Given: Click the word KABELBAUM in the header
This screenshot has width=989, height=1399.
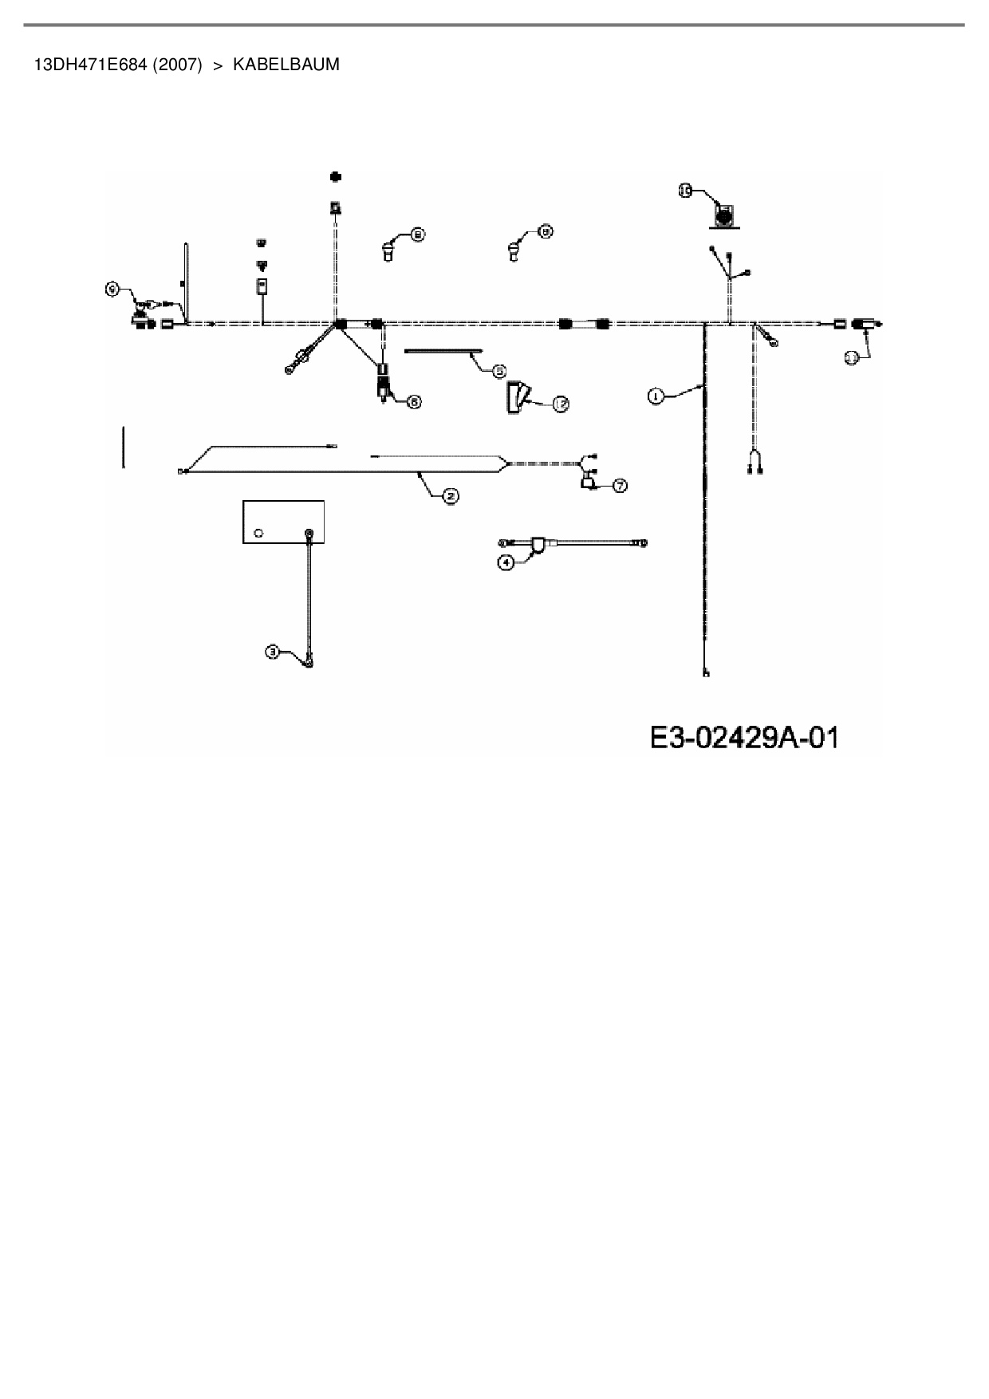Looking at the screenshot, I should pos(286,65).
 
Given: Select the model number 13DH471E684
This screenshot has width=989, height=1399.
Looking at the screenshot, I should pos(90,65).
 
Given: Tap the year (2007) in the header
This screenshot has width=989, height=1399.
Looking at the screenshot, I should pos(177,65).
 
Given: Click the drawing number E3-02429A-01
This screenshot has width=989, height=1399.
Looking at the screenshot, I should pos(744,737).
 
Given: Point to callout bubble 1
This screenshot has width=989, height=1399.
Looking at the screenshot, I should pos(655,396).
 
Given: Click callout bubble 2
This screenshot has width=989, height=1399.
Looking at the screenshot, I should pos(451,497).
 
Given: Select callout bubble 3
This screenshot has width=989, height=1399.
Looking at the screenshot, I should pos(273,652).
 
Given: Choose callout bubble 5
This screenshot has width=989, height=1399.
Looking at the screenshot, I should pos(499,371).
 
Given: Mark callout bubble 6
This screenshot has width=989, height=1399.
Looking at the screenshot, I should pos(414,402).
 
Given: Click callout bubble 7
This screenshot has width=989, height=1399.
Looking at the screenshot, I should pos(619,485).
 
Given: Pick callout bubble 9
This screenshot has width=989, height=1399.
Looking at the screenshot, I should pos(113,290).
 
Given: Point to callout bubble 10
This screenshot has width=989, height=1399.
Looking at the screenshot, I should pos(685,190).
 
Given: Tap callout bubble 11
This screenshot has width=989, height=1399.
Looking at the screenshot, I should pos(852,358).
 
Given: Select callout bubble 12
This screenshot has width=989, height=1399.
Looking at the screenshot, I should pos(561,404).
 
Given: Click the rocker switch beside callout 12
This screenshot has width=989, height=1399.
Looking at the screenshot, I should pos(516,396).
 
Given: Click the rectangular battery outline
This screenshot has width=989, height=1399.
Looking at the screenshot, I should pos(283,522).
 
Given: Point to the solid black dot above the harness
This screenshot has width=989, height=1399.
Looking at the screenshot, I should pos(336,176).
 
